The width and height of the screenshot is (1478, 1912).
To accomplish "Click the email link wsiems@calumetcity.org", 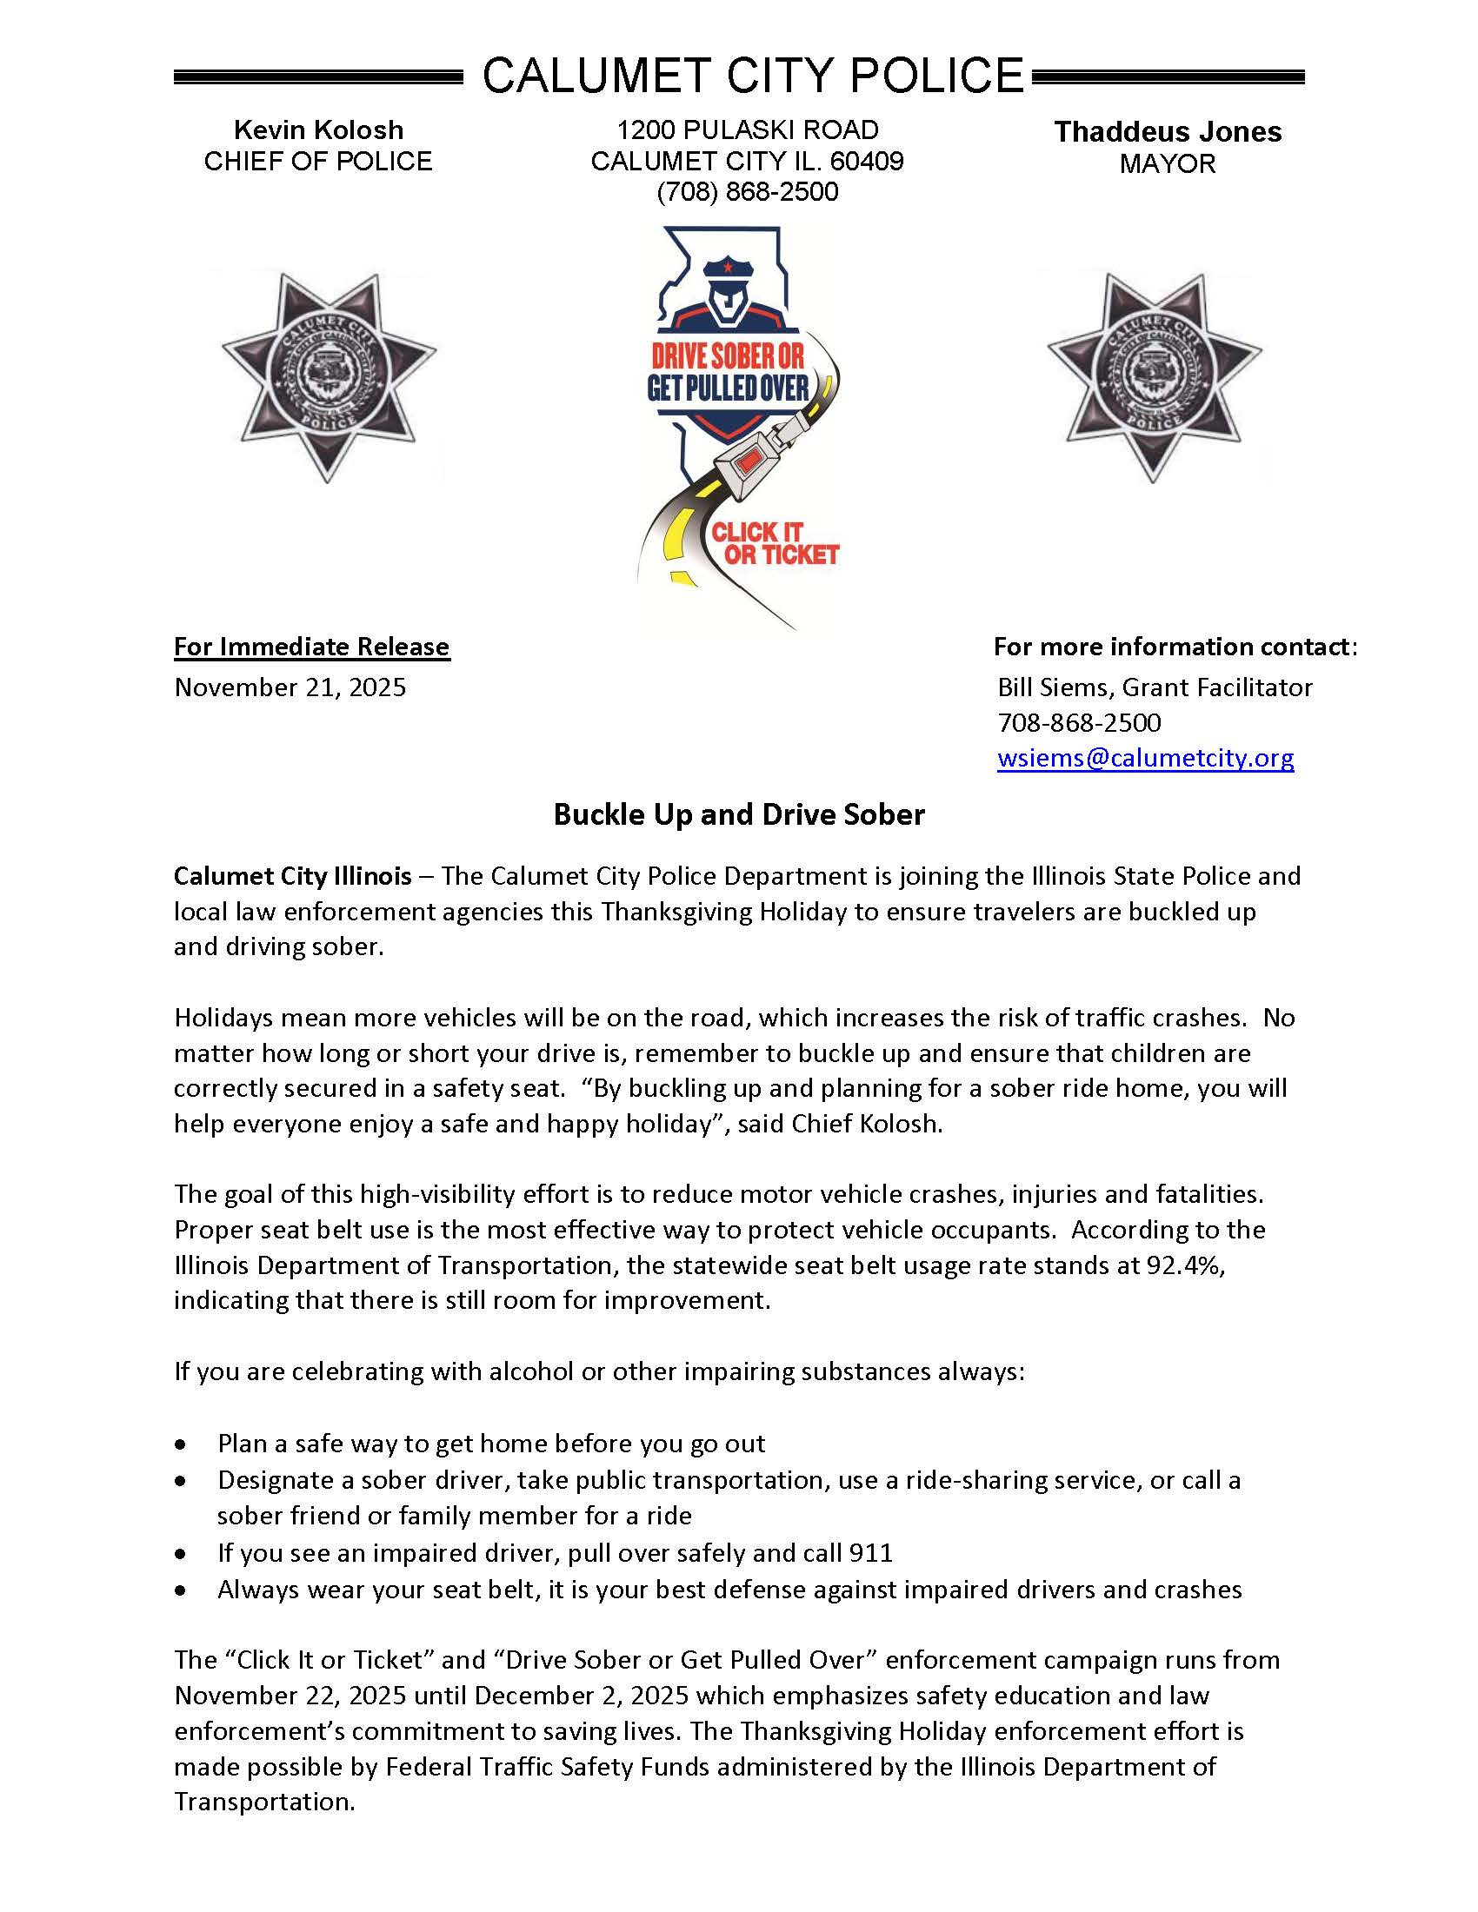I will pos(1144,757).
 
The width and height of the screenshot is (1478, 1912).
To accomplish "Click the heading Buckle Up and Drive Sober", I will pos(738,814).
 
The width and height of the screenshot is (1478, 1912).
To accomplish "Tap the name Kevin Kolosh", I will pos(318,130).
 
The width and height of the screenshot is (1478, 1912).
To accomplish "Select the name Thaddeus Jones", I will pos(1167,132).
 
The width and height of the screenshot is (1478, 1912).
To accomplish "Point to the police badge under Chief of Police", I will pos(329,377).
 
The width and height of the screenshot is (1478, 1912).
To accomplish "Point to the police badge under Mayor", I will pos(1154,377).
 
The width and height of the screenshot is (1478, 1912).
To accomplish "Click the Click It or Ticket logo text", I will pos(774,544).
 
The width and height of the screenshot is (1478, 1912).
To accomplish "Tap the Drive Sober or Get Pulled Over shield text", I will pos(728,371).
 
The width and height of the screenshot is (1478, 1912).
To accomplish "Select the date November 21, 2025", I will pos(290,687).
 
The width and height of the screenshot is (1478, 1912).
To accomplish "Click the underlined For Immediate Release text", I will pos(311,647).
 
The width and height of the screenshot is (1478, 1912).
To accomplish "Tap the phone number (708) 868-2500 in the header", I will pos(747,192).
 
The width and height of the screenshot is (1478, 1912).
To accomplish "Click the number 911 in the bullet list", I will pos(871,1553).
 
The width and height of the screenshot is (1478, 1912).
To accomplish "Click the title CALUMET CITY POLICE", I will pos(752,76).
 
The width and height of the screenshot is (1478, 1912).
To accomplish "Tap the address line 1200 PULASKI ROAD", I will pos(747,130).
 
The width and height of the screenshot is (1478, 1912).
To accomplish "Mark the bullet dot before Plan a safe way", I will pos(181,1444).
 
